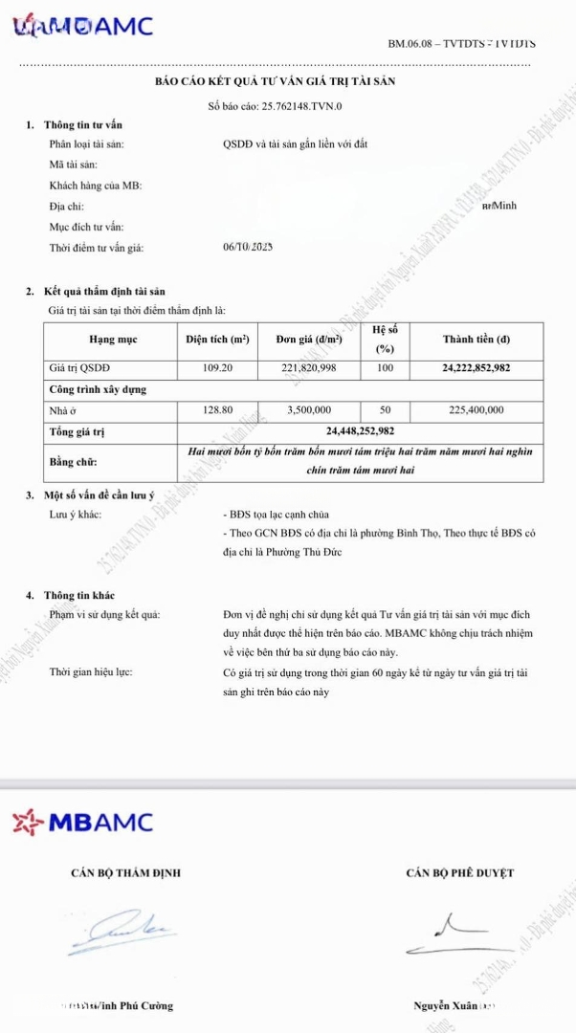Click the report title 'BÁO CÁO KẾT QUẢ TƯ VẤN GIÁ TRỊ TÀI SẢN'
coord(275,81)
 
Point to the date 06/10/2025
coord(248,247)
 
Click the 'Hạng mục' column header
coord(113,340)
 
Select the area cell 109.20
coord(218,367)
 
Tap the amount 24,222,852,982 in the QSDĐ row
coord(476,367)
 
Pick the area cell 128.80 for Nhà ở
coord(218,410)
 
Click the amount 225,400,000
coord(476,410)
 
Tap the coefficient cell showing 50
coord(385,410)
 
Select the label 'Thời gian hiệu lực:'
coord(92,672)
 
